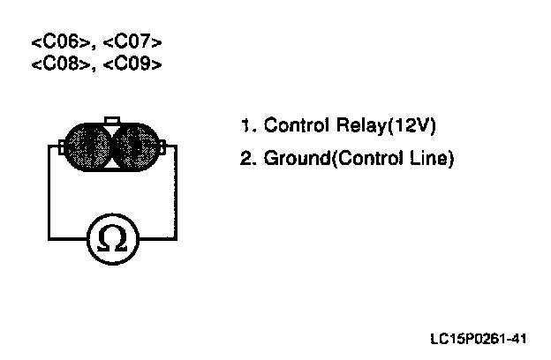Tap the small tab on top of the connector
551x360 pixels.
[x=112, y=121]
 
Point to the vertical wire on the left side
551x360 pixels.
[x=49, y=194]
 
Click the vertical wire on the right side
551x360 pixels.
[x=179, y=194]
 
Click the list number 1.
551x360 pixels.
[x=244, y=125]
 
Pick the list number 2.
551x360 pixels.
[x=245, y=161]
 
